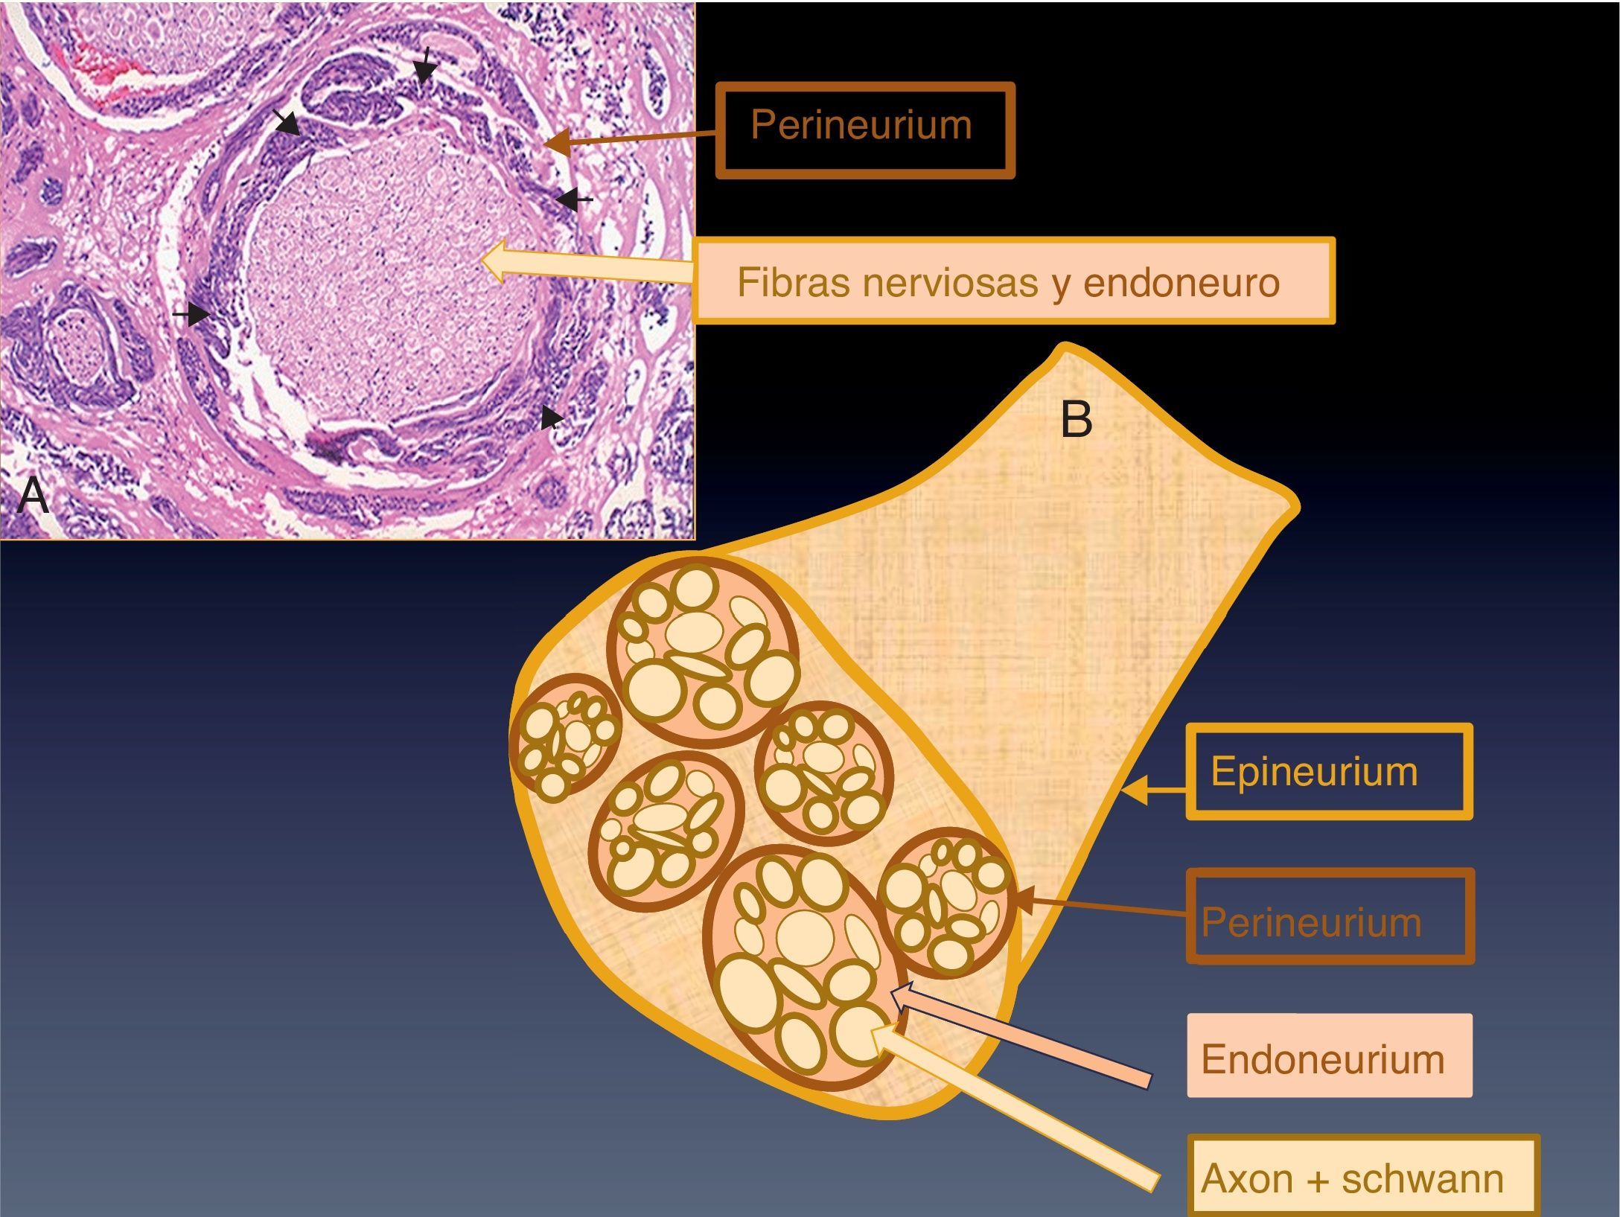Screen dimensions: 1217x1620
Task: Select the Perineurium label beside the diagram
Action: [1311, 922]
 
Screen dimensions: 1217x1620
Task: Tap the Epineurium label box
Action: [1314, 771]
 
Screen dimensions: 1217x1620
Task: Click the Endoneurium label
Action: [1323, 1058]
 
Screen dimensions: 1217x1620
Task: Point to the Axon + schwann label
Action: [1352, 1178]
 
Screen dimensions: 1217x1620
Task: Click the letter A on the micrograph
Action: [33, 495]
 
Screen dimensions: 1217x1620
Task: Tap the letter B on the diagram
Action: [1077, 419]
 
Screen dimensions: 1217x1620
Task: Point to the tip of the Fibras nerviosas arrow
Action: [488, 259]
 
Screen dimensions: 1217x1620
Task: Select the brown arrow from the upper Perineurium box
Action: [633, 137]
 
